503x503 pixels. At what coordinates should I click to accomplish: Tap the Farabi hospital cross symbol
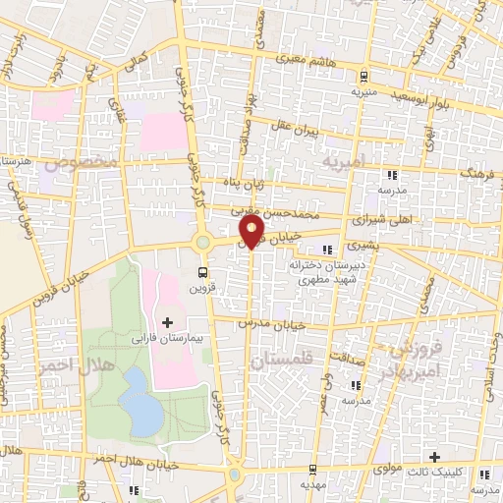166,321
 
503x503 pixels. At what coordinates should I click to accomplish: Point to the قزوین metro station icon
203,272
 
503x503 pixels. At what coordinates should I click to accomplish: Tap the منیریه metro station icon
363,76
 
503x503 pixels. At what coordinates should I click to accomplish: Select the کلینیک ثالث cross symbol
434,457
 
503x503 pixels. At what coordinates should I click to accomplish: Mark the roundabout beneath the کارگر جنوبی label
202,242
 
